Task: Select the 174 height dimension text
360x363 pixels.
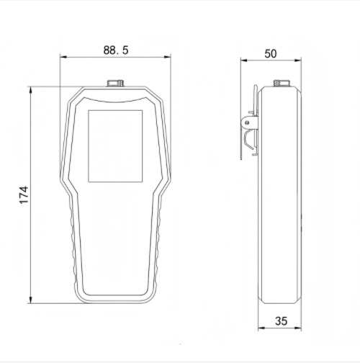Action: (23, 194)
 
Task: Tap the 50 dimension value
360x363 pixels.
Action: (271, 53)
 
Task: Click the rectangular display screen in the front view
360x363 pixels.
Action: (115, 145)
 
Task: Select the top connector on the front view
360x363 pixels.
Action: (115, 84)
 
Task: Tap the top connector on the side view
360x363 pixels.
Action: (279, 83)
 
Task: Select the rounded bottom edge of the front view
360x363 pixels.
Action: (115, 300)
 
